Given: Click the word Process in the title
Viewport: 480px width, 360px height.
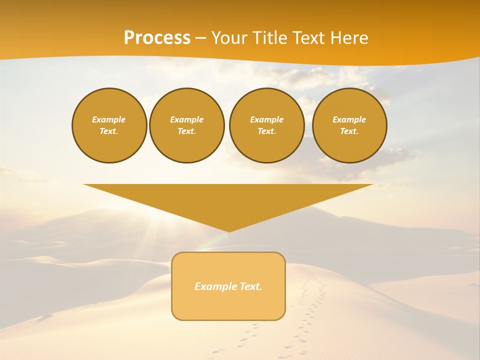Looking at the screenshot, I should (157, 38).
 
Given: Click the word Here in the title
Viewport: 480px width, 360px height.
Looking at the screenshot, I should (349, 38).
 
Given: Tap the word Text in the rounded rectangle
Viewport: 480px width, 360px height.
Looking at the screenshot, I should (250, 286).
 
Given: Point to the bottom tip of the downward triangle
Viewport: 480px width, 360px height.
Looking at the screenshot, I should (229, 230).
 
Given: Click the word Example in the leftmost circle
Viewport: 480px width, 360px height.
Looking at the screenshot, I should (109, 119).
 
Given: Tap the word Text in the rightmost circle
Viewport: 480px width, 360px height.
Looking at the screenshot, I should (349, 131).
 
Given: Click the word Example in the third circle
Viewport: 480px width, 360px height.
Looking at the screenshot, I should (266, 119).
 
